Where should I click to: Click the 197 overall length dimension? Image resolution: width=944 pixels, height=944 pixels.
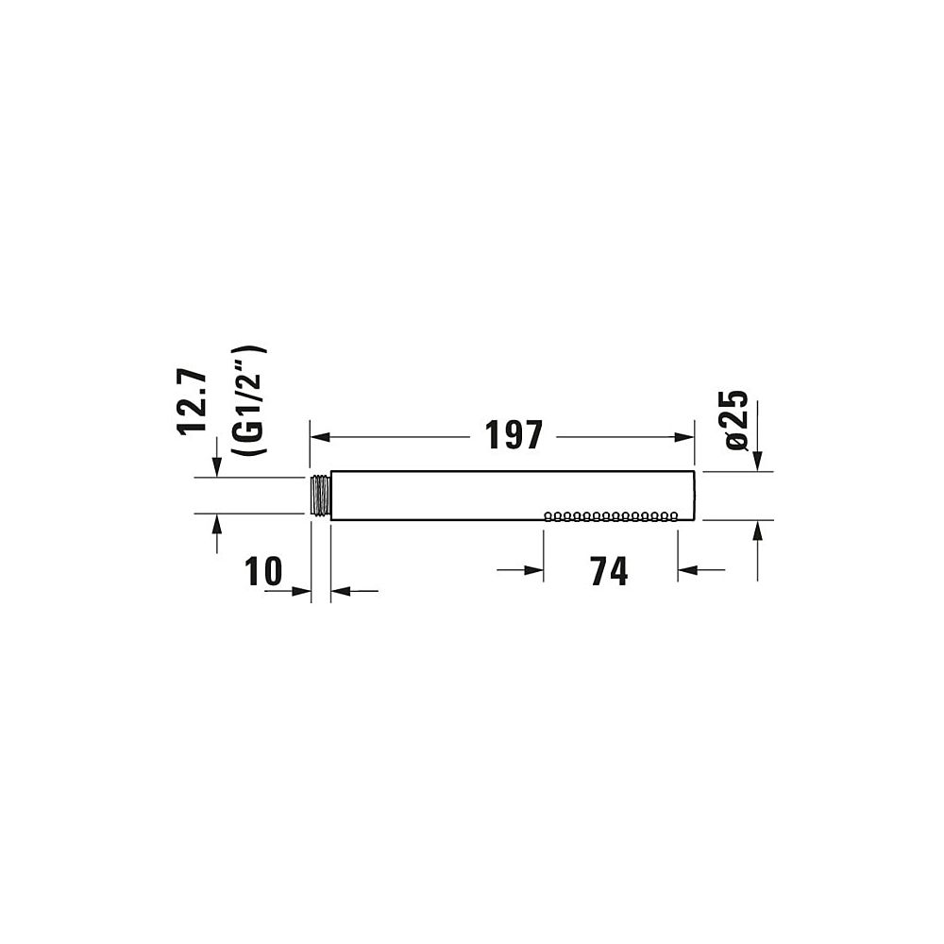[514, 435]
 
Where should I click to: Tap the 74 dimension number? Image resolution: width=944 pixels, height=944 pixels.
[609, 571]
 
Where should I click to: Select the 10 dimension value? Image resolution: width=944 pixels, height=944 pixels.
[263, 571]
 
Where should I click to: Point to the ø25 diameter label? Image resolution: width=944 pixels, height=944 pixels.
[737, 420]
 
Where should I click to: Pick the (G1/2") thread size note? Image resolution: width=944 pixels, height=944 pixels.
[249, 400]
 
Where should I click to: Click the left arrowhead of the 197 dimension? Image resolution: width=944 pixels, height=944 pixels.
[320, 437]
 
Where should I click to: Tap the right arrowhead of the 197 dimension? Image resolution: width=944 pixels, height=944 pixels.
[684, 437]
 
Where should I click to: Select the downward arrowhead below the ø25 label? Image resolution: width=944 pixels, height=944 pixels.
[757, 461]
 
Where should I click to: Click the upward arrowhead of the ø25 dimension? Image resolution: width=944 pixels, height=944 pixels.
[757, 531]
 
